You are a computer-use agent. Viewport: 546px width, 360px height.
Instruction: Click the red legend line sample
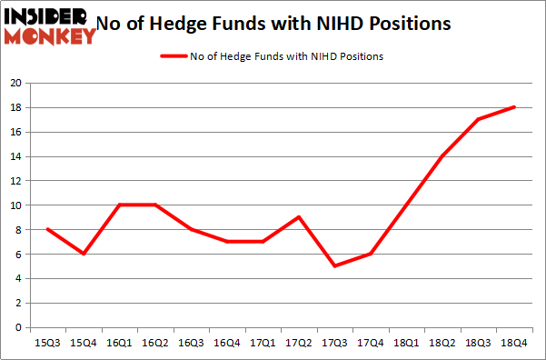(x=173, y=56)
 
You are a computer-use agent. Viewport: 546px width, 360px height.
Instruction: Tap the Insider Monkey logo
(x=50, y=25)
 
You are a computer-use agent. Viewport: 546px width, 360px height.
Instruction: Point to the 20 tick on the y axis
(x=16, y=83)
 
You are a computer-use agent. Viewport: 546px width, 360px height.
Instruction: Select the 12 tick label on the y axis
(x=16, y=181)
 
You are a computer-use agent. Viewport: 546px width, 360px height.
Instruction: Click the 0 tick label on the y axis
(x=19, y=327)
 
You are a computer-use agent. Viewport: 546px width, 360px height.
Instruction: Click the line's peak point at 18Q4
(x=515, y=107)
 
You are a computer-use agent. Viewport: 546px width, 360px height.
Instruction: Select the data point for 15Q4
(x=84, y=254)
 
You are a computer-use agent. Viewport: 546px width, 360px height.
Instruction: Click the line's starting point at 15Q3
(x=47, y=229)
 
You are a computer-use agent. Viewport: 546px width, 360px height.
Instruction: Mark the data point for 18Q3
(x=478, y=119)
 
